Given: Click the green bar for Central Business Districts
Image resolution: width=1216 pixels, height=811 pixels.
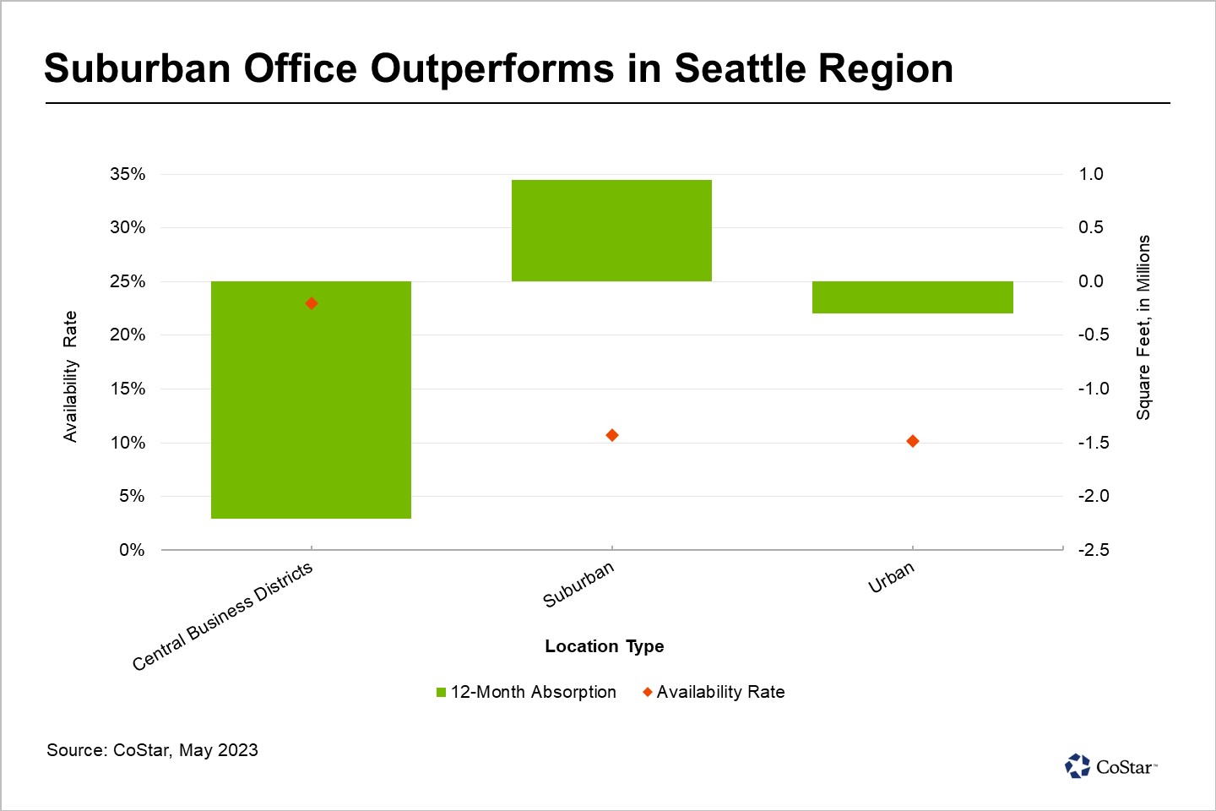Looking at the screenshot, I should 311,400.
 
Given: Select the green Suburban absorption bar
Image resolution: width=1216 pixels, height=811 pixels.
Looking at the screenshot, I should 611,231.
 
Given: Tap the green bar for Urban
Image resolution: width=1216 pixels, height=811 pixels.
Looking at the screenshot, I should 912,297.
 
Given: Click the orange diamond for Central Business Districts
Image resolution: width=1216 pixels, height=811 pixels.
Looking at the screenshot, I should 312,303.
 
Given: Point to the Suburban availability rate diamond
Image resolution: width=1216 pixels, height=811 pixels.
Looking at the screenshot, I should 612,435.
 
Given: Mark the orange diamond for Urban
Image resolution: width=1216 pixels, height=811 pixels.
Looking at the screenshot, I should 913,441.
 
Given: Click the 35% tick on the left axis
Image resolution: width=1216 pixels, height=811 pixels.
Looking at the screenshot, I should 128,174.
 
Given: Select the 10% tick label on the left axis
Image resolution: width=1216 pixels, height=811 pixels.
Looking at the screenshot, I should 128,443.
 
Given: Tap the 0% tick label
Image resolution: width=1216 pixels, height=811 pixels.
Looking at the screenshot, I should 132,550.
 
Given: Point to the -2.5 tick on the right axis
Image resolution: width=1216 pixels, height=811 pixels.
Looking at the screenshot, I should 1094,550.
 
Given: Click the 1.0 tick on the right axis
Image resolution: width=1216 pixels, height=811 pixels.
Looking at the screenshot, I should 1091,174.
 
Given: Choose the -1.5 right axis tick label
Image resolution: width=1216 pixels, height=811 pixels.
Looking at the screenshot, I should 1094,443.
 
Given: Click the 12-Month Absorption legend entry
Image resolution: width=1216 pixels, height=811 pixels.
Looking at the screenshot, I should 526,692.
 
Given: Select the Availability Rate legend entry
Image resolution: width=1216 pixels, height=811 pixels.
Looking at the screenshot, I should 714,692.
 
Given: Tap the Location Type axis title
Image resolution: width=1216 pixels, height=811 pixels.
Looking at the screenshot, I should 605,646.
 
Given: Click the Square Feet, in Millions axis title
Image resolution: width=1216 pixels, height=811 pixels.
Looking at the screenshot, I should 1143,328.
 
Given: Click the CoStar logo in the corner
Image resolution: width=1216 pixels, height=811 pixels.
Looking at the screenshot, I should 1110,766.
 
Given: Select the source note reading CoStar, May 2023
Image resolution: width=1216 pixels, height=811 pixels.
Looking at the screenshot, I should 153,750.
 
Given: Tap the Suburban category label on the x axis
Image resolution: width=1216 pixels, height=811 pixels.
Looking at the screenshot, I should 579,585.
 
